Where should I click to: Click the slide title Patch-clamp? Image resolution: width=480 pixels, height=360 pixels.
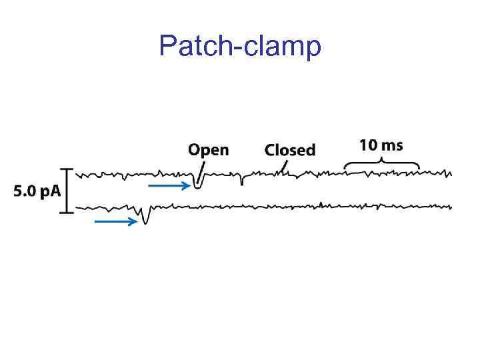click(240, 46)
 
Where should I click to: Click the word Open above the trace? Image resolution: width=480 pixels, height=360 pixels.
click(208, 150)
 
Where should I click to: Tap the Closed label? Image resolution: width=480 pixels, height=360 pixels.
click(289, 150)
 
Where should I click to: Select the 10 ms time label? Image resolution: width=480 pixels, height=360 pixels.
click(381, 145)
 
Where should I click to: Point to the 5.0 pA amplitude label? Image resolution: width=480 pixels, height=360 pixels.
click(37, 191)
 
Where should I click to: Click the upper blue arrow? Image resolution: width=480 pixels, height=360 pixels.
click(169, 187)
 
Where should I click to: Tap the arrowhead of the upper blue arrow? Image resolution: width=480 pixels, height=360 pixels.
click(187, 187)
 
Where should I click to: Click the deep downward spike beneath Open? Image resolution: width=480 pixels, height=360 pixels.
click(197, 184)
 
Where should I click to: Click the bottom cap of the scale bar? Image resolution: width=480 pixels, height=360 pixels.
click(66, 213)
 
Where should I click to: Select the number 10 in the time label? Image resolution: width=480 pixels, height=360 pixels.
click(369, 145)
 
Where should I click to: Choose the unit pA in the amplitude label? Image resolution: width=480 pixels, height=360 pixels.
click(49, 192)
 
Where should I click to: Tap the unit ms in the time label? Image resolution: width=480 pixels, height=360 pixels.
click(391, 145)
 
